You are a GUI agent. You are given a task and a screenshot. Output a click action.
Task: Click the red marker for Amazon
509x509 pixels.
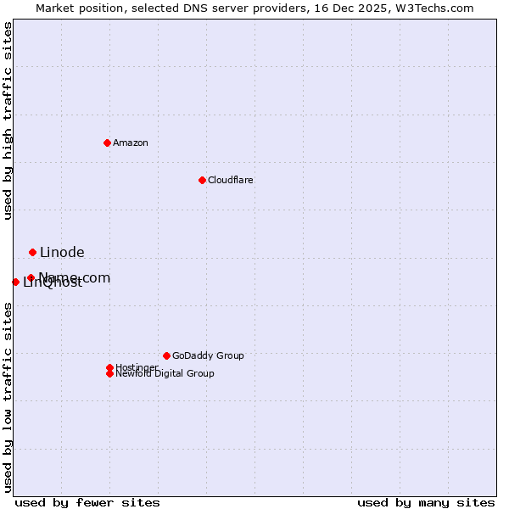pyautogui.click(x=107, y=143)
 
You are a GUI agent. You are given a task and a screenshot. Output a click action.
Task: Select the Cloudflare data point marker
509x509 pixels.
pyautogui.click(x=202, y=180)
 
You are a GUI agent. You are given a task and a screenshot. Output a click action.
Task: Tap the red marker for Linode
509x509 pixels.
pyautogui.click(x=32, y=252)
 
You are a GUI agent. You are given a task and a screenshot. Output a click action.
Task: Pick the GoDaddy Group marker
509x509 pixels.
pyautogui.click(x=166, y=355)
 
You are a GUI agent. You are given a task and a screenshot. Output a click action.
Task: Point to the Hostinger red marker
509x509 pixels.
pyautogui.click(x=109, y=367)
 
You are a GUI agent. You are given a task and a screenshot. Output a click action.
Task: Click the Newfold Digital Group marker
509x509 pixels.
pyautogui.click(x=109, y=373)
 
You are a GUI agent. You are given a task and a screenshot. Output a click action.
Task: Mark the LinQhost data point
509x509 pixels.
pyautogui.click(x=15, y=282)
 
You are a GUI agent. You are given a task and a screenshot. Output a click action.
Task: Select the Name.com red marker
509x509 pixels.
pyautogui.click(x=31, y=277)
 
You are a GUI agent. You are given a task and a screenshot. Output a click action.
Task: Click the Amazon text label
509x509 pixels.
pyautogui.click(x=131, y=143)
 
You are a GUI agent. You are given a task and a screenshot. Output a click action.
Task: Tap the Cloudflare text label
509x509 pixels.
pyautogui.click(x=231, y=180)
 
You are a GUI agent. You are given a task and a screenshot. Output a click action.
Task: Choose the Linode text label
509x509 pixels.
pyautogui.click(x=62, y=252)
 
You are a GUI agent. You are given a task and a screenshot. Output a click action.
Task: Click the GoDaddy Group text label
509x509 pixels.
pyautogui.click(x=208, y=355)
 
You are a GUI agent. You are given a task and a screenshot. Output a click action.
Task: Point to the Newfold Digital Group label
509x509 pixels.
pyautogui.click(x=165, y=373)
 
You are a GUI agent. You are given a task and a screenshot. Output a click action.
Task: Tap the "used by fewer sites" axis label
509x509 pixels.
pyautogui.click(x=87, y=502)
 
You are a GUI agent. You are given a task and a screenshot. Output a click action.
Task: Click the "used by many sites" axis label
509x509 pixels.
pyautogui.click(x=426, y=502)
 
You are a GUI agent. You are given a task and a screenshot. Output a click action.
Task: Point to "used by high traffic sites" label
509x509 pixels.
pyautogui.click(x=8, y=120)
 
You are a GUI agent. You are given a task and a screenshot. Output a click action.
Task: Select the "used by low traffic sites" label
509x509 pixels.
pyautogui.click(x=8, y=396)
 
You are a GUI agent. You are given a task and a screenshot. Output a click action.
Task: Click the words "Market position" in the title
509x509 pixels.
pyautogui.click(x=77, y=8)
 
